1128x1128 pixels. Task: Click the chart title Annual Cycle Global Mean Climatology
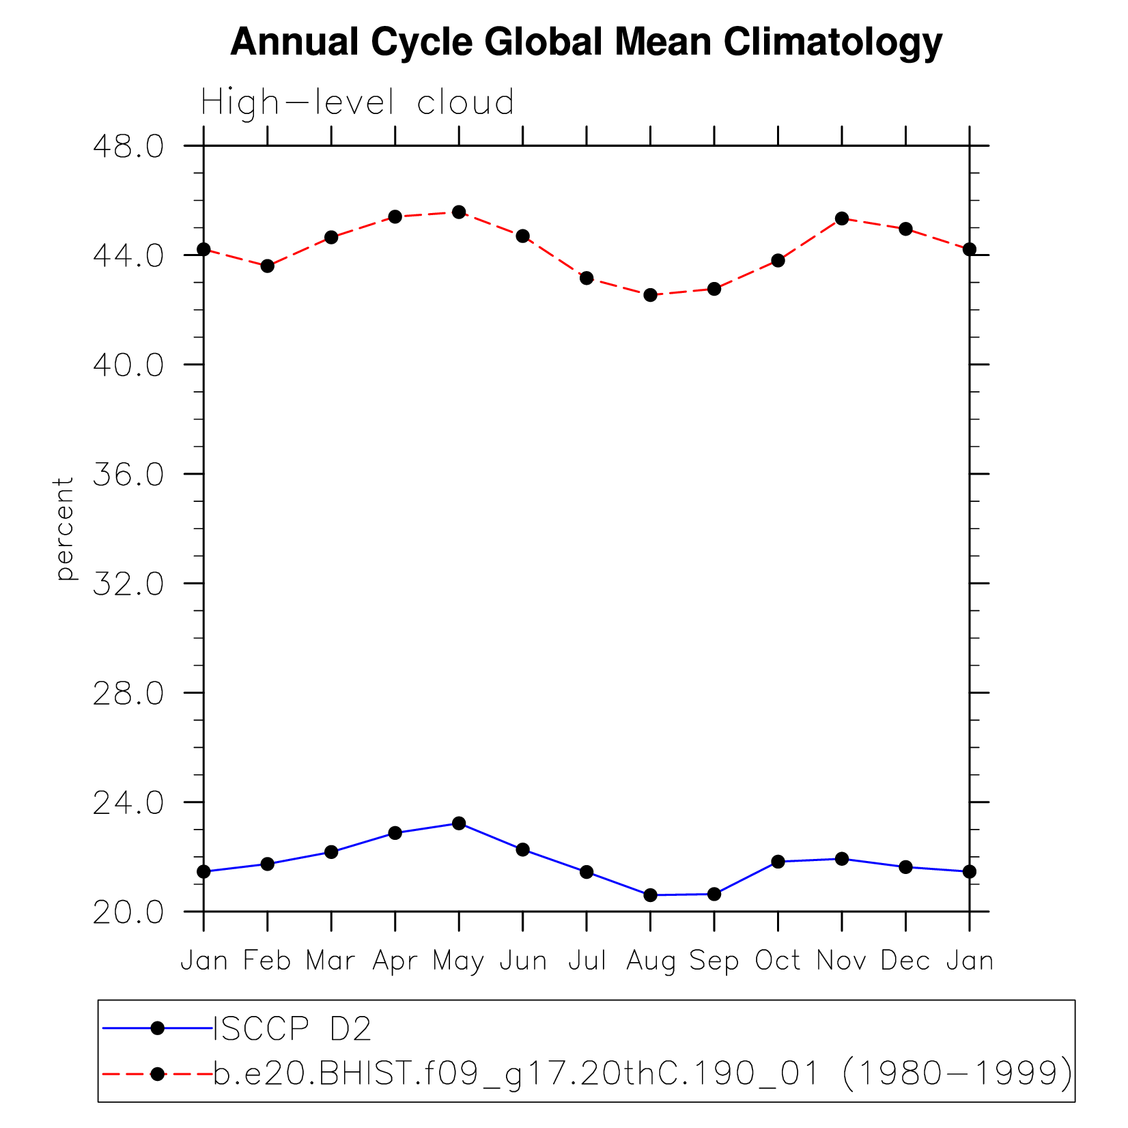pos(586,42)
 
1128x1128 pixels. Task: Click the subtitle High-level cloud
pos(357,103)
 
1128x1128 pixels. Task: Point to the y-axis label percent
pos(64,529)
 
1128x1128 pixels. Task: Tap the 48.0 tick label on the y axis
pos(128,147)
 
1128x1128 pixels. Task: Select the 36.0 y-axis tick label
pos(128,475)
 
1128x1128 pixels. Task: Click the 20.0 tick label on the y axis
pos(128,912)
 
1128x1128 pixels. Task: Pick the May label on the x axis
pos(458,961)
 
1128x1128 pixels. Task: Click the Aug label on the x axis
pos(650,961)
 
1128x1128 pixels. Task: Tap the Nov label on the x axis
pos(841,961)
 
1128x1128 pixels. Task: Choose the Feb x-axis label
pos(267,961)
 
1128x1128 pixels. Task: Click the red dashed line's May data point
pos(459,212)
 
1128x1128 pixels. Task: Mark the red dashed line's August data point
pos(650,295)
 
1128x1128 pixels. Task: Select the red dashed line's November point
pos(842,218)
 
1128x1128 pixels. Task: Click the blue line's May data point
pos(459,823)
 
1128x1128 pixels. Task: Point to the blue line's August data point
pos(650,895)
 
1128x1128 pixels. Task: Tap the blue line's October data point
pos(778,862)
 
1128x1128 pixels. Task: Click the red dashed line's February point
pos(267,266)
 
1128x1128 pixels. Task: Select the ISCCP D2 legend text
pos(292,1029)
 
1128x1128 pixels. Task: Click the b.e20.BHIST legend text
pos(642,1074)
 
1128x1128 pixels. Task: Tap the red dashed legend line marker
pos(158,1074)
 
